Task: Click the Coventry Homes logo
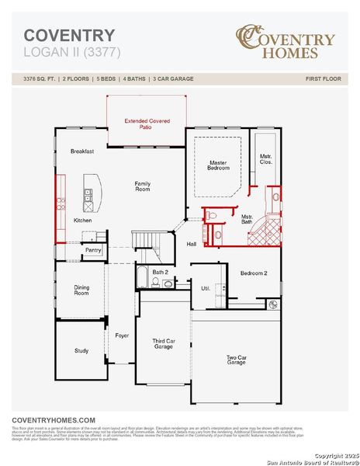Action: (x=286, y=41)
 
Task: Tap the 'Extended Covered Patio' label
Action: (x=147, y=123)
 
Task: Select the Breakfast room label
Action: (x=81, y=151)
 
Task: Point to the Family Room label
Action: (x=143, y=186)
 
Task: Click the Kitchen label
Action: (x=82, y=221)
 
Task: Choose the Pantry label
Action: (x=93, y=250)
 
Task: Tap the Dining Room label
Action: (x=81, y=290)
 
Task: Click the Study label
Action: (x=81, y=350)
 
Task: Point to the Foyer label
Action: (x=122, y=336)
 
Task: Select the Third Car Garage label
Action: (x=163, y=343)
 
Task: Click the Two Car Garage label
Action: (x=236, y=360)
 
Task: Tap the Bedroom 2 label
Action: (x=253, y=273)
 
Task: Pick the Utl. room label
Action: (x=206, y=288)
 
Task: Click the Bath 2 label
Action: (x=160, y=272)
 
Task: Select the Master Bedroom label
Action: (x=218, y=165)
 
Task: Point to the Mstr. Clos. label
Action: (x=265, y=159)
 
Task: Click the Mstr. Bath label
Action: (x=247, y=220)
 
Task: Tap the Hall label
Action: (x=191, y=244)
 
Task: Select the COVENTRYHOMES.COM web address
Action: (x=54, y=419)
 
